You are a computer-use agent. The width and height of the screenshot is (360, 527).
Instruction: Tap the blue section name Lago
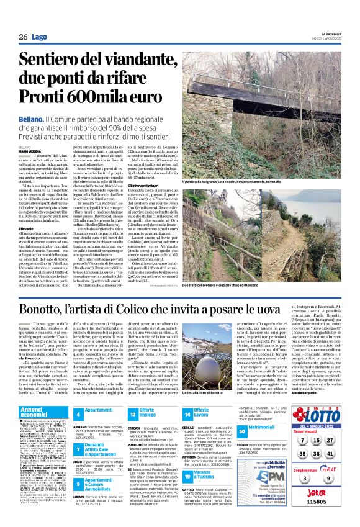click(39, 37)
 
